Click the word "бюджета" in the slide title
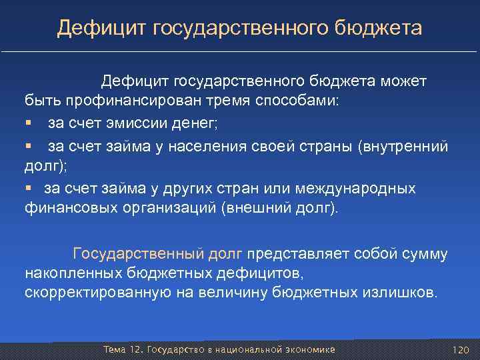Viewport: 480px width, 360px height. [x=383, y=28]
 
